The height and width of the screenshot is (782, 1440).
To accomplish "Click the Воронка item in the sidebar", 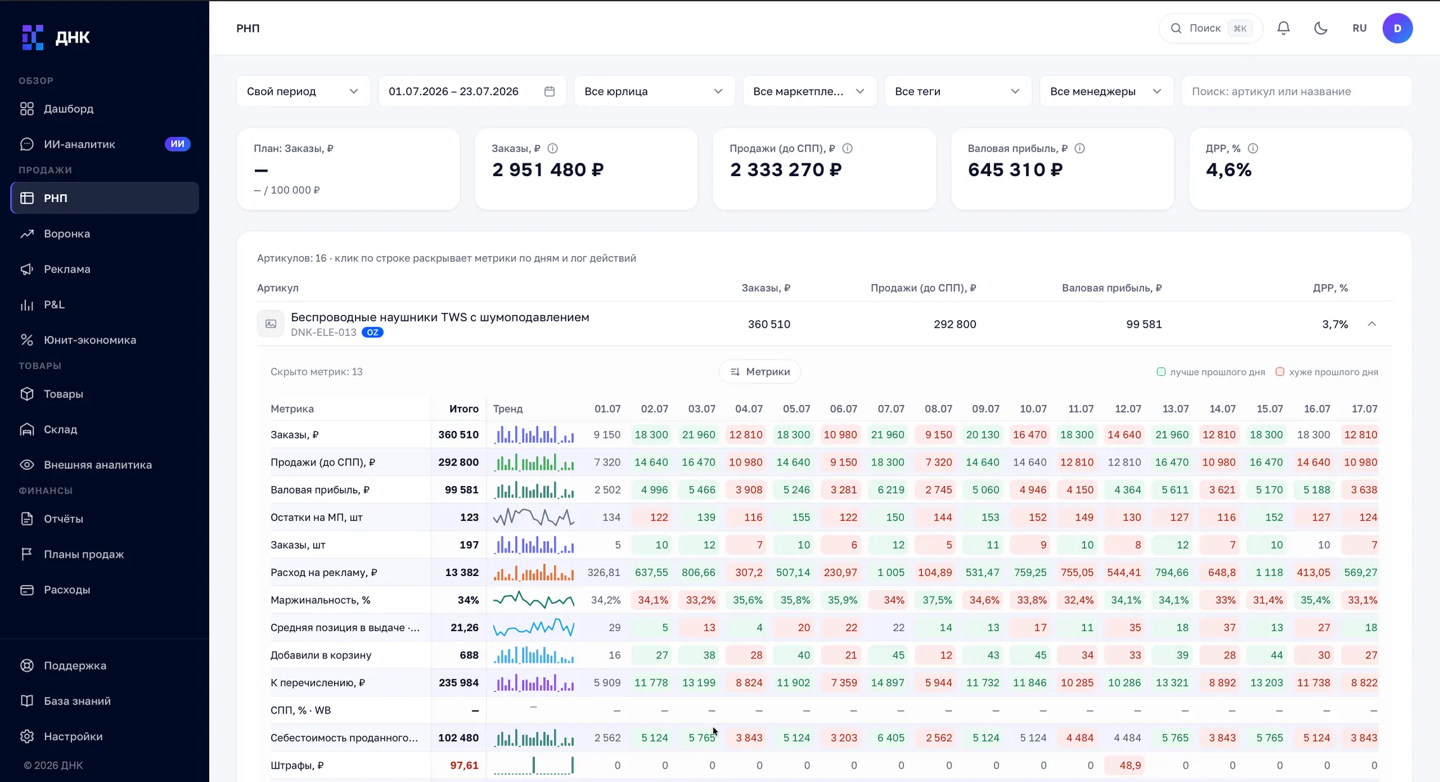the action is tap(67, 234).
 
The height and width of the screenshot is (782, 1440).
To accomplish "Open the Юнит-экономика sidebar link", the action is tap(89, 340).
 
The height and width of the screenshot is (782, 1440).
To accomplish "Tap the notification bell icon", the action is tap(1283, 28).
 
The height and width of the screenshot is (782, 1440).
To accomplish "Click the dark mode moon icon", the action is tap(1321, 28).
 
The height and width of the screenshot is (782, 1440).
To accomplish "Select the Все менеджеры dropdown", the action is tap(1106, 91).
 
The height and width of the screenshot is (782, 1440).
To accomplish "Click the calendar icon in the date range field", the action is tap(550, 91).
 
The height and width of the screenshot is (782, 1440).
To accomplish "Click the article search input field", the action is tap(1297, 91).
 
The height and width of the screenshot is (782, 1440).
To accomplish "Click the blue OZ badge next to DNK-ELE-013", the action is tap(373, 333).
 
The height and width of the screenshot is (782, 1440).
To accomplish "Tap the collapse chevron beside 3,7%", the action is tap(1372, 324).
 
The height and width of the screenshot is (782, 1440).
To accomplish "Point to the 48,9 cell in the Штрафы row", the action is tap(1130, 766).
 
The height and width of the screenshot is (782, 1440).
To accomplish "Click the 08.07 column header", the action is tap(938, 409).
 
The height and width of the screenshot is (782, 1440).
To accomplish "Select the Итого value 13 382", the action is tap(461, 573).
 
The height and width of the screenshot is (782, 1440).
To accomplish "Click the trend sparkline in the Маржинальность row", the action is tap(534, 600).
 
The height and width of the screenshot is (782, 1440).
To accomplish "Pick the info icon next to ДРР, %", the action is tap(1253, 148).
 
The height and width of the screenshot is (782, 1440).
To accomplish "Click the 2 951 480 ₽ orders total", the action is tap(548, 170).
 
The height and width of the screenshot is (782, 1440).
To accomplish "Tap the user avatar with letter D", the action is tap(1398, 28).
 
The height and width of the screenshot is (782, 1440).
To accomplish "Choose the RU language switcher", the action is tap(1360, 28).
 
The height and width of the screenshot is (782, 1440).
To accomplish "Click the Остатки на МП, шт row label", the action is tap(316, 518).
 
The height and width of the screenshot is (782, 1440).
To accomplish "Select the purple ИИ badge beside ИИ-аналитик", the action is tap(177, 144).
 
